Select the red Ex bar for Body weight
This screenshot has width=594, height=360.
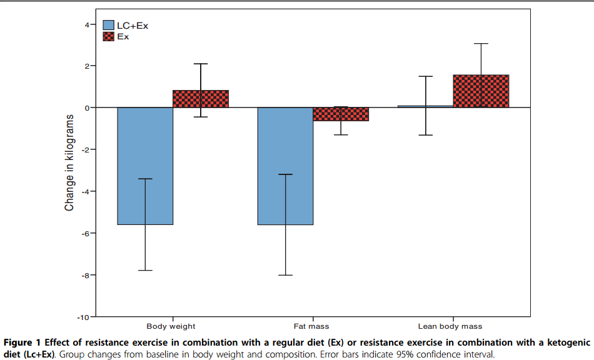coord(200,99)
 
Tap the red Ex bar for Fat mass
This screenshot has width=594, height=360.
coord(341,114)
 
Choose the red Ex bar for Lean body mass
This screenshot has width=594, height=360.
coord(481,91)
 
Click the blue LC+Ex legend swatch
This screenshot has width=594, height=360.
coord(108,25)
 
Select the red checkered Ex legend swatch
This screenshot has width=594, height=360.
coord(108,36)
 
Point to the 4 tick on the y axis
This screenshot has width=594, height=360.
coord(87,24)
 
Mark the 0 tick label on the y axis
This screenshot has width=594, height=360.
coord(87,108)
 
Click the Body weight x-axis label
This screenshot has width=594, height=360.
coord(171,326)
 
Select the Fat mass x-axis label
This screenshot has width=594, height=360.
coord(311,326)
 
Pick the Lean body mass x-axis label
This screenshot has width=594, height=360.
coord(450,326)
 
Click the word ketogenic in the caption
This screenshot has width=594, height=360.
coord(566,342)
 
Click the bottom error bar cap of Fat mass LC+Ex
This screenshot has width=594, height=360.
coord(285,275)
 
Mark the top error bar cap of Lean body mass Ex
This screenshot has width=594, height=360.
coord(481,44)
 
